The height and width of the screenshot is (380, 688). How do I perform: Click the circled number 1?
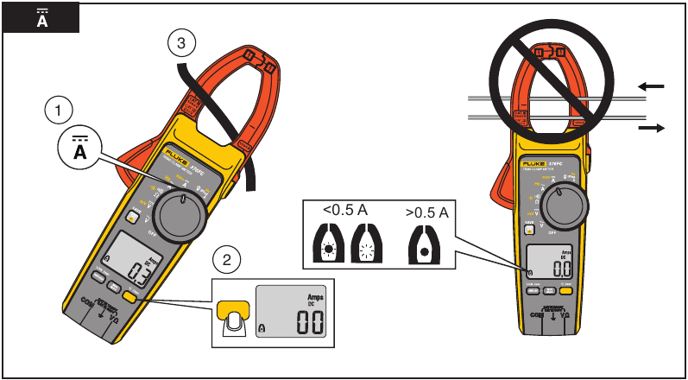[58, 110]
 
